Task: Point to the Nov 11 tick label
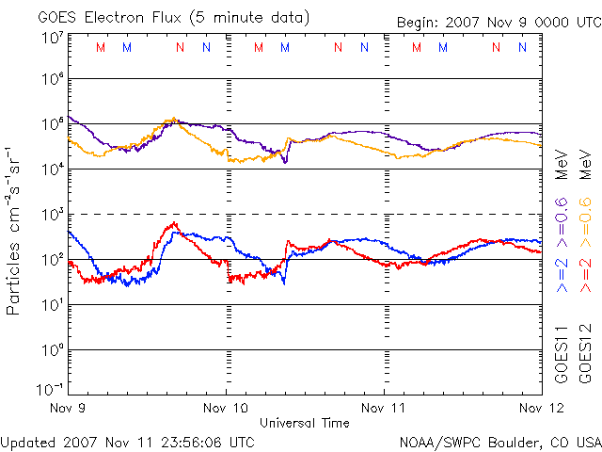384,409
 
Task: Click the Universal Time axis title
304,423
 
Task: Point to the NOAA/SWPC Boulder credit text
499,441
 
